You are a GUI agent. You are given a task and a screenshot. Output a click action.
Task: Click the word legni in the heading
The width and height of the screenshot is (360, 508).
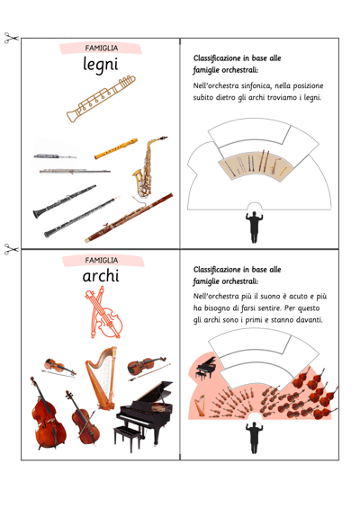pos(101,64)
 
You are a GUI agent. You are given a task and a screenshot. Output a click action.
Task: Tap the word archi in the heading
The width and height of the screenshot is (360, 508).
pos(101,276)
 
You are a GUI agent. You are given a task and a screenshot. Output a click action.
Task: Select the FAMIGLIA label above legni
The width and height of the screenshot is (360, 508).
pos(101,48)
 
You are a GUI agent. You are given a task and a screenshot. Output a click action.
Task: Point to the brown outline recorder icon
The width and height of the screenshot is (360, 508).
pos(101,99)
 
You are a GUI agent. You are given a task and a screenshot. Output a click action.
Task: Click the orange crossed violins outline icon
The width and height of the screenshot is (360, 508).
pos(103,313)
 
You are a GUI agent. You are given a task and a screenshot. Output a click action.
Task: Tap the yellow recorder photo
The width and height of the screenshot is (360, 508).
pos(116,148)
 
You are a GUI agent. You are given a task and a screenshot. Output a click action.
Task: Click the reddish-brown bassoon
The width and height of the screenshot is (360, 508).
pos(129,218)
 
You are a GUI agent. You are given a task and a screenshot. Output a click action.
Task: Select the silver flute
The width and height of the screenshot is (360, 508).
pos(75,171)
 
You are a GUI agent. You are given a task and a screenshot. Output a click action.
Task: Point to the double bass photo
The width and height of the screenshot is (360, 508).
pos(47,414)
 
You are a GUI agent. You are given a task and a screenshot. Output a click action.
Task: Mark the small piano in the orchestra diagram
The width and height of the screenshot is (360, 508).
pos(206,368)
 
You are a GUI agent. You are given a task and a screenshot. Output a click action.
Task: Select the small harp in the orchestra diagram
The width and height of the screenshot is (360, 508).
pos(200,406)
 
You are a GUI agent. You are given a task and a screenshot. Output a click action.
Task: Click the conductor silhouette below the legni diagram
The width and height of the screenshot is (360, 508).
pos(255,227)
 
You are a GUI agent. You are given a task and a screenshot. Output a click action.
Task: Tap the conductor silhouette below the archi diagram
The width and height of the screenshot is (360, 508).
pos(255,437)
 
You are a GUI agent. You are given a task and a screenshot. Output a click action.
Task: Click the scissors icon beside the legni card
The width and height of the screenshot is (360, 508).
pos(12,38)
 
